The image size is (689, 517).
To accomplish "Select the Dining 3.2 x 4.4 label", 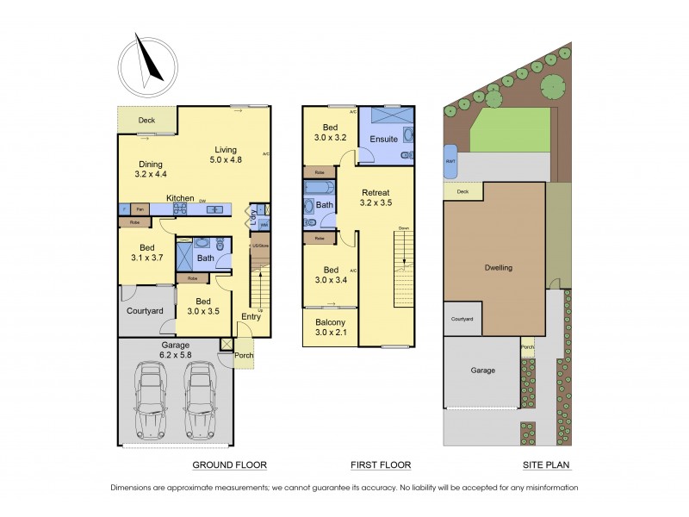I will [151, 170].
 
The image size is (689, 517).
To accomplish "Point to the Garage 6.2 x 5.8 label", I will [174, 349].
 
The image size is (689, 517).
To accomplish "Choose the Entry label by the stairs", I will [251, 317].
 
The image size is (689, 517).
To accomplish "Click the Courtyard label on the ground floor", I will [145, 310].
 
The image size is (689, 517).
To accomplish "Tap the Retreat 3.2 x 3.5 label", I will [376, 197].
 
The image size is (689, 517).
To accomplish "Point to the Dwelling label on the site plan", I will [498, 267].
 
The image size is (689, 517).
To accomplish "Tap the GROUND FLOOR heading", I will [228, 464].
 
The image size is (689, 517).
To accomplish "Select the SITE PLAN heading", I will [547, 464].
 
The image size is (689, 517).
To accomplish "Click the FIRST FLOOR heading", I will [380, 464].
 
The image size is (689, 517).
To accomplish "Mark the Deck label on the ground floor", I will [146, 121].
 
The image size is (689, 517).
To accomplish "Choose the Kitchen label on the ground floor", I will [181, 198].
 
